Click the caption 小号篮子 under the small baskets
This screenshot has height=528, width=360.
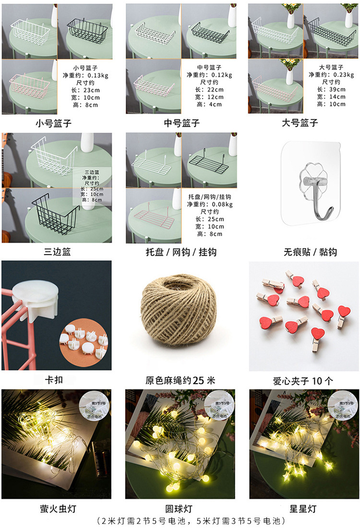pyautogui.click(x=54, y=123)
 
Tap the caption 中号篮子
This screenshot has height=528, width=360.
pyautogui.click(x=181, y=123)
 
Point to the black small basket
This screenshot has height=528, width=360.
pyautogui.click(x=85, y=29)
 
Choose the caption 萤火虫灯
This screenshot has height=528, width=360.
pyautogui.click(x=58, y=508)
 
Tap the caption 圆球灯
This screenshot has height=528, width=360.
pyautogui.click(x=180, y=508)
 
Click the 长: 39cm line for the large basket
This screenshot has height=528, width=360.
pyautogui.click(x=331, y=89)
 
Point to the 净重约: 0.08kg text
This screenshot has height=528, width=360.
pyautogui.click(x=210, y=204)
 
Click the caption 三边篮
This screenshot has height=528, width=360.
pyautogui.click(x=57, y=252)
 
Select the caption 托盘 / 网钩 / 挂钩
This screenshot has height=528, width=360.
pyautogui.click(x=181, y=252)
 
